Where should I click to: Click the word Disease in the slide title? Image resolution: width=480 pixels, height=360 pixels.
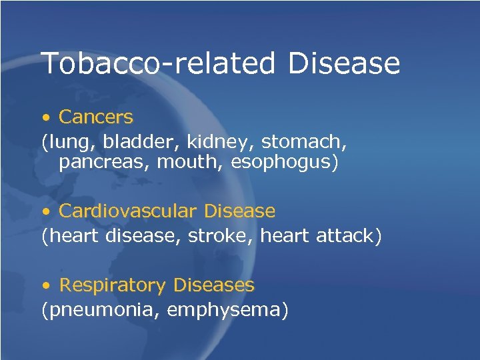[345, 63]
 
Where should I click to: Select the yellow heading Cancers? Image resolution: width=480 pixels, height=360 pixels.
[95, 117]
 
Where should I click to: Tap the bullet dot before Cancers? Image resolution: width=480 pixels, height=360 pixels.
[45, 118]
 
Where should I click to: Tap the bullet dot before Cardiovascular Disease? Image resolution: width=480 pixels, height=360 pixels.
[45, 212]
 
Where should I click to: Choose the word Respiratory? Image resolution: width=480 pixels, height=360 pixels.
[112, 286]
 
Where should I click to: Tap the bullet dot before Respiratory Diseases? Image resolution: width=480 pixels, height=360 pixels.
[45, 286]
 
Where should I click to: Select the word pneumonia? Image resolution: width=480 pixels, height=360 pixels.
[101, 310]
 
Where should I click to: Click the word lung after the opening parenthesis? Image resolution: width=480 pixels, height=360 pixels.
[65, 141]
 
